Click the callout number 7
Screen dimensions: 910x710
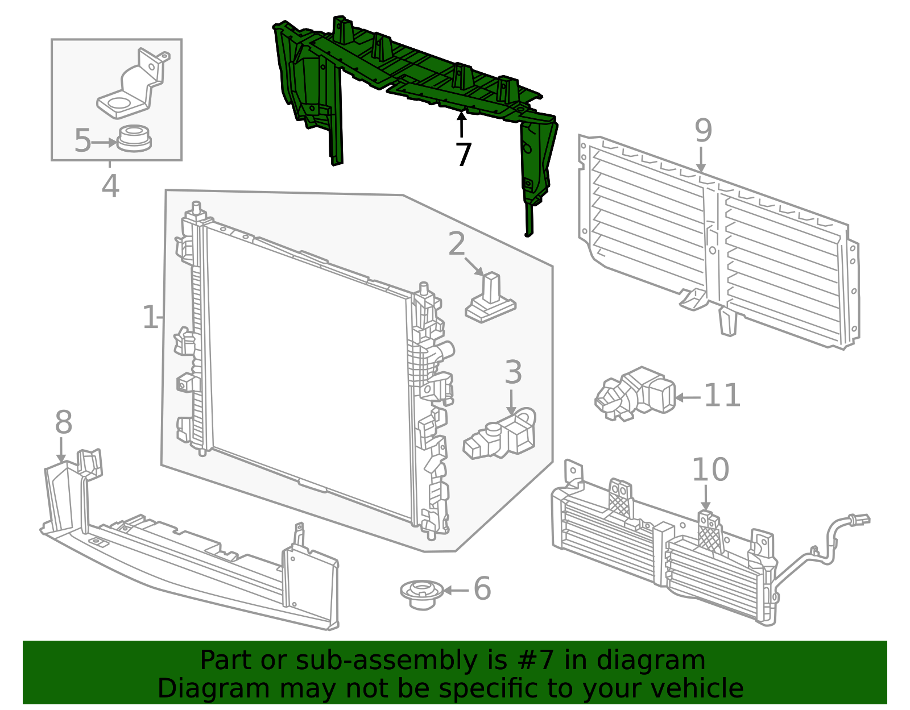point(463,155)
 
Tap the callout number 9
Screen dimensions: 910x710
point(703,130)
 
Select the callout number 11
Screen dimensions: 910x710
point(722,396)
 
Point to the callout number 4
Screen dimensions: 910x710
point(110,186)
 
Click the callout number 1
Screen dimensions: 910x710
point(150,317)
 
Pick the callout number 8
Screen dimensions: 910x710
point(64,422)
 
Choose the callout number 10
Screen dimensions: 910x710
point(710,470)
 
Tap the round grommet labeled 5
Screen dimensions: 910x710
point(134,139)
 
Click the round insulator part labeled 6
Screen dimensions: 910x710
point(421,595)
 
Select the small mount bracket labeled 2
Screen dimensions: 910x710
point(490,298)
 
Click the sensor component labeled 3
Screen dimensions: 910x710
point(499,434)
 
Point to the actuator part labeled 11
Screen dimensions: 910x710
point(635,394)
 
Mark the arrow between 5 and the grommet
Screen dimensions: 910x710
point(104,143)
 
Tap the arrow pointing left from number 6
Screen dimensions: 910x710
point(457,591)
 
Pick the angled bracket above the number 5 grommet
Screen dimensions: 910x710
point(133,84)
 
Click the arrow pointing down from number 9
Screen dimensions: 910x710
point(701,159)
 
